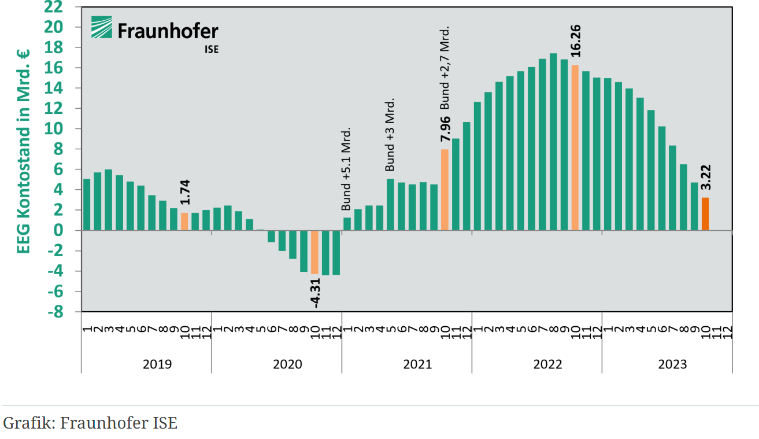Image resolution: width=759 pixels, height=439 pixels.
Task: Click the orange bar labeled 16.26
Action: [x=575, y=148]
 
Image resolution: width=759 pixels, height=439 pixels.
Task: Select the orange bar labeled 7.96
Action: [x=445, y=190]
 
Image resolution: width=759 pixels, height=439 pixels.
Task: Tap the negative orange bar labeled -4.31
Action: [x=314, y=252]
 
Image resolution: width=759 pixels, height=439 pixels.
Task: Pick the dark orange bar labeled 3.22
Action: [x=705, y=214]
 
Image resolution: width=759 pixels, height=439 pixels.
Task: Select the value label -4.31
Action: [x=316, y=292]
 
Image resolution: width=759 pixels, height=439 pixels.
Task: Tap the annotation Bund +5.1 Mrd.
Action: [x=346, y=168]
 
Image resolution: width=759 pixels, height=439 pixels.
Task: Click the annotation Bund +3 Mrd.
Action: [x=390, y=135]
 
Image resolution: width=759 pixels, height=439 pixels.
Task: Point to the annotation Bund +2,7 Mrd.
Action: [x=445, y=68]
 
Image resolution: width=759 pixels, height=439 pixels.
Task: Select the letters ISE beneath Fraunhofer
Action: [x=212, y=49]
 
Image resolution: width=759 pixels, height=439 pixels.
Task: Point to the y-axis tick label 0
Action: [x=67, y=231]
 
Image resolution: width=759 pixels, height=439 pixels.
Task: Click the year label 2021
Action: [x=417, y=364]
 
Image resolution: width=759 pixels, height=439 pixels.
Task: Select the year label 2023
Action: [x=672, y=364]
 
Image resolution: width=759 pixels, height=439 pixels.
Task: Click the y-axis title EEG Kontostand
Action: [x=24, y=152]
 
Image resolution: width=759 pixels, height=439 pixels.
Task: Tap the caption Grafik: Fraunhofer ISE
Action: [x=90, y=423]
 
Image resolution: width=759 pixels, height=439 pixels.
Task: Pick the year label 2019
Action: [x=157, y=364]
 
